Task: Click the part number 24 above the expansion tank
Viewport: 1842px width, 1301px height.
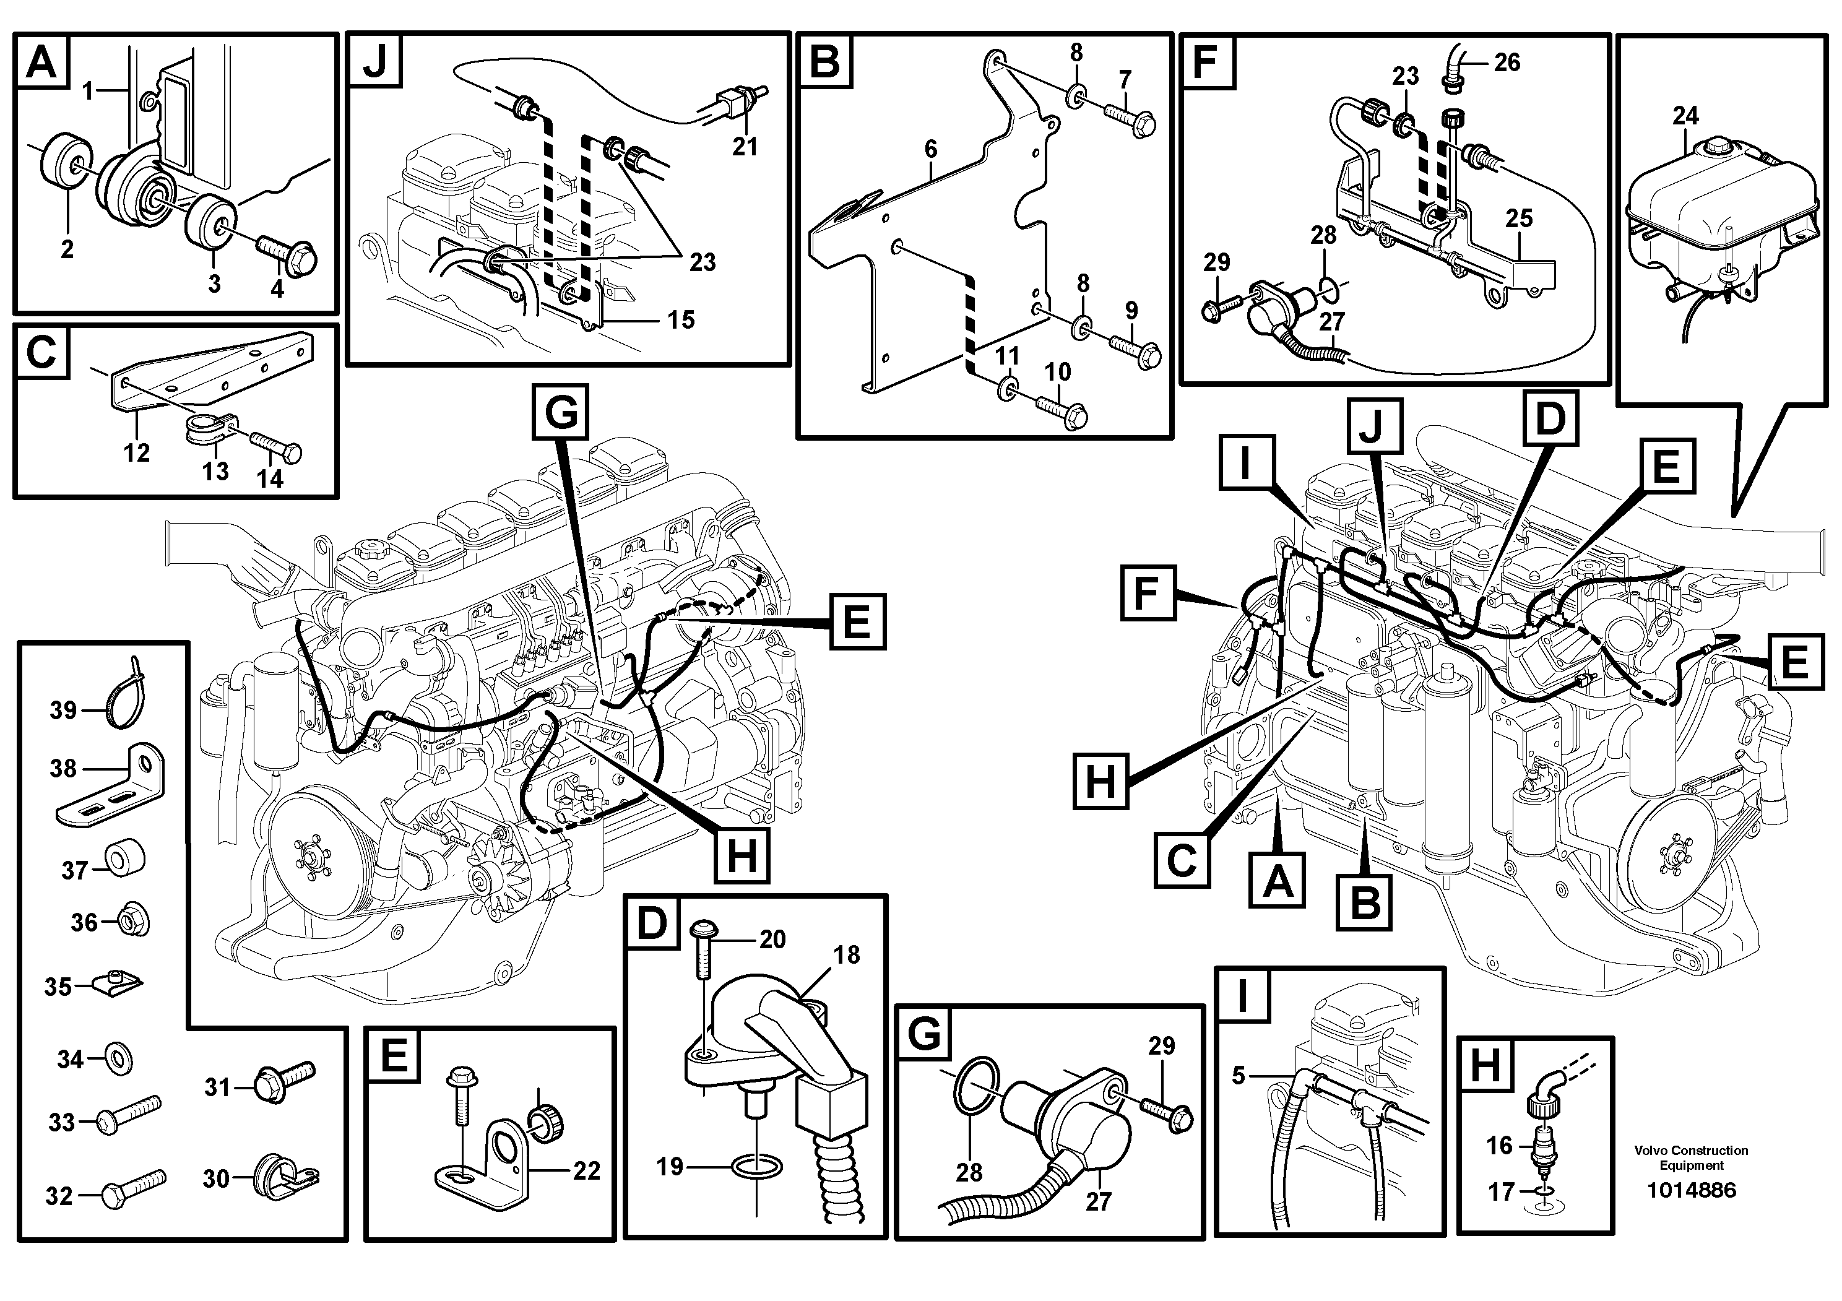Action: point(1685,116)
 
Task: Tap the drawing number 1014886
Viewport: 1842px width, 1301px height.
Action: point(1691,1190)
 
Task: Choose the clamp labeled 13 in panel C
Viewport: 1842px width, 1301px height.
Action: point(206,428)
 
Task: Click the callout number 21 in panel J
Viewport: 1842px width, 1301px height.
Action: point(745,147)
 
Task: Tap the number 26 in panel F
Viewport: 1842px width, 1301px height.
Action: point(1507,62)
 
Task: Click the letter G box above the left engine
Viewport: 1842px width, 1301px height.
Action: point(561,412)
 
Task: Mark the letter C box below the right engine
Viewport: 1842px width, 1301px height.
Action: point(1182,861)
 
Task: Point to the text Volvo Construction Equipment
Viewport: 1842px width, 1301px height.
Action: point(1691,1157)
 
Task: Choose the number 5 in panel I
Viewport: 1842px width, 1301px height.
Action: point(1238,1076)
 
